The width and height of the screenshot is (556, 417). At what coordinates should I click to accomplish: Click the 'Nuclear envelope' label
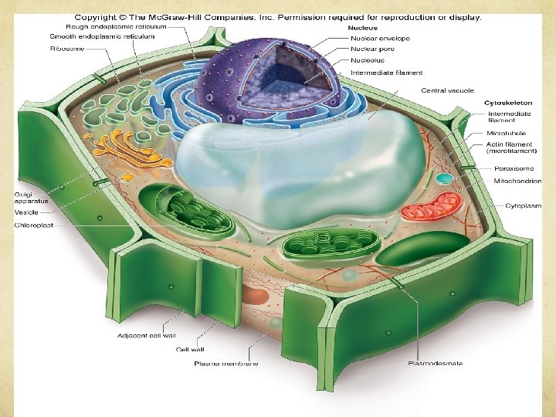(x=380, y=38)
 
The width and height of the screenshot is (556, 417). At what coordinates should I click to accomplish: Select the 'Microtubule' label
(x=506, y=134)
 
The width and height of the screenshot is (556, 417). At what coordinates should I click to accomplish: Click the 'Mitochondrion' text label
(x=517, y=181)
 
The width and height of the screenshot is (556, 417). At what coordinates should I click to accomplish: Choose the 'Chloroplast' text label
(x=34, y=225)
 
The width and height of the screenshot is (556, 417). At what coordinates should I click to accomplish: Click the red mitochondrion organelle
(x=431, y=206)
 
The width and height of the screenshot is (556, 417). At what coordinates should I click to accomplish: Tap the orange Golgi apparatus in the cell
(x=127, y=150)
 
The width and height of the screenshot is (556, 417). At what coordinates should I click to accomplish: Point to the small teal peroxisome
(x=443, y=178)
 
